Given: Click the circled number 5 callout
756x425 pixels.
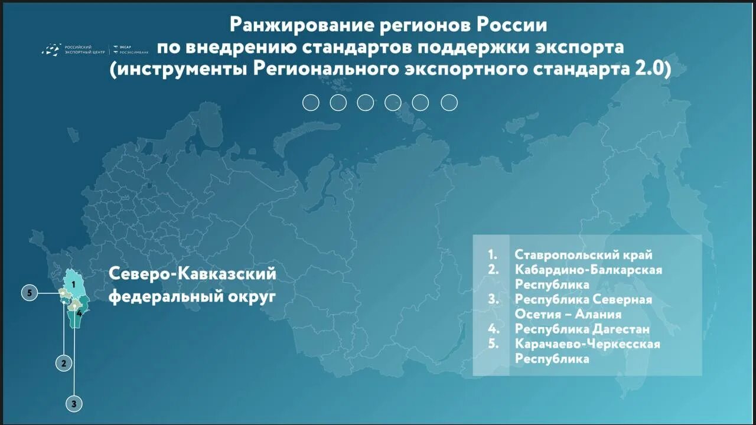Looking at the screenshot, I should (x=29, y=293).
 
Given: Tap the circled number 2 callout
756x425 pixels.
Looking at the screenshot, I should (x=64, y=362).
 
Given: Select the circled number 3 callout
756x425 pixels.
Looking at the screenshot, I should (x=74, y=404).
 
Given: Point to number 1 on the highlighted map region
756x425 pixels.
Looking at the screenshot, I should (x=73, y=284).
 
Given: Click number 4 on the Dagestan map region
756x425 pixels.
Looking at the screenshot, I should (x=79, y=313).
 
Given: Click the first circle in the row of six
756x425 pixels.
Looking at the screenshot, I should (x=311, y=103).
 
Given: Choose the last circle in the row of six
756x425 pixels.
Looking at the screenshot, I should (x=449, y=103).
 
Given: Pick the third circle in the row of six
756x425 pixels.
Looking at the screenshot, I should (x=366, y=103).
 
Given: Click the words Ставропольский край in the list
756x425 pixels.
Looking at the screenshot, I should (x=584, y=255).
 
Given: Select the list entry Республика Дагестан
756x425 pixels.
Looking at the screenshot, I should (x=582, y=329).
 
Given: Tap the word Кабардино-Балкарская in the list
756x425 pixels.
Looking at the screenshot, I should (x=588, y=270).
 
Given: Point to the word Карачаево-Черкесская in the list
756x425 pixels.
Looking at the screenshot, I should (x=587, y=344).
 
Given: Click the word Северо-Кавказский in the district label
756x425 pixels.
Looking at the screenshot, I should (x=193, y=274).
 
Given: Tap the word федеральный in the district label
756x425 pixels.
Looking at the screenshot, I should (x=165, y=296).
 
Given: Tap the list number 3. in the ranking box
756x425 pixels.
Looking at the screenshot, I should (x=494, y=299).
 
